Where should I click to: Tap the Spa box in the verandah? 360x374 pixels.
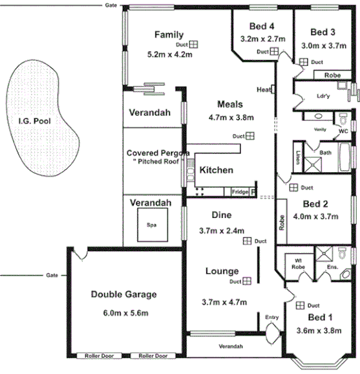click(x=151, y=225)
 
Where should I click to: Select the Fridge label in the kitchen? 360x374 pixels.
click(x=240, y=192)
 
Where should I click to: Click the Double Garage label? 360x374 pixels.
click(x=123, y=294)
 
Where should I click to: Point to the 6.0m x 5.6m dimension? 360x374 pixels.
click(x=123, y=313)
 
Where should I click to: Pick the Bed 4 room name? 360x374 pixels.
click(x=261, y=27)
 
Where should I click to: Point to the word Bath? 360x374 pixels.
click(x=325, y=153)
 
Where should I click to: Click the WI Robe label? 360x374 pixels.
click(x=298, y=263)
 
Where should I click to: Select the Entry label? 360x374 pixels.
click(x=271, y=316)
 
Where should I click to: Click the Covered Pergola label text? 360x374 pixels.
click(x=156, y=153)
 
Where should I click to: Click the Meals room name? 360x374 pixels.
click(x=229, y=104)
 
